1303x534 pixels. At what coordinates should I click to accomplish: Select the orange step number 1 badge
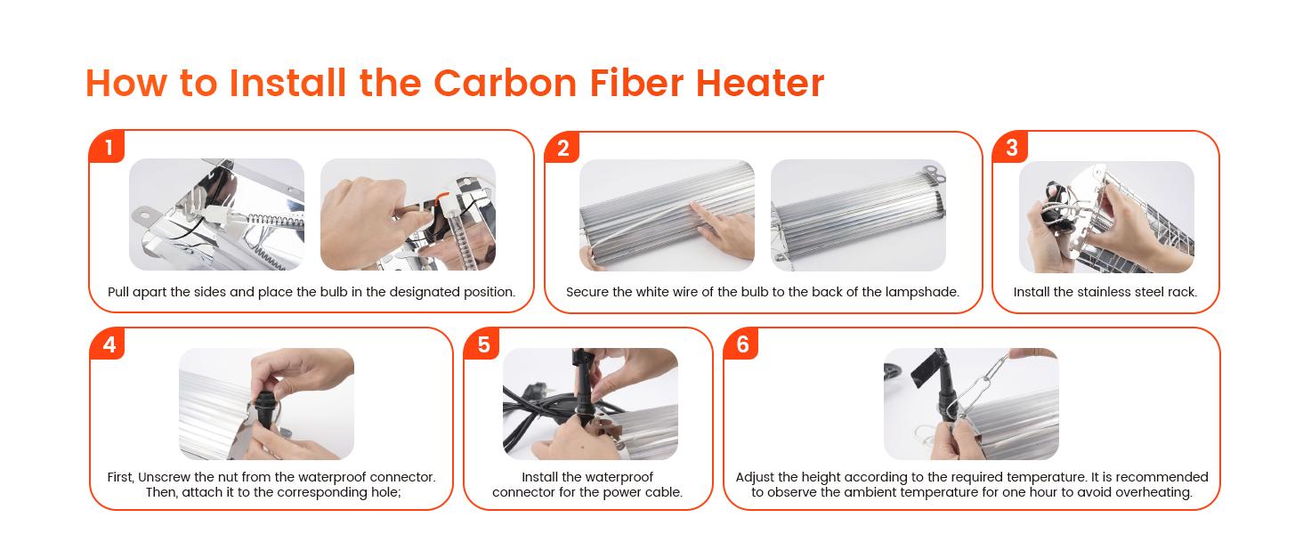pos(109,148)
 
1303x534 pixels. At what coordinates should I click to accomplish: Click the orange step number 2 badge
pos(562,149)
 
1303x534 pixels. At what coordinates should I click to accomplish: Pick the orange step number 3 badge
pos(1011,148)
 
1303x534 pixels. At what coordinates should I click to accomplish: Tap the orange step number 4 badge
pos(109,344)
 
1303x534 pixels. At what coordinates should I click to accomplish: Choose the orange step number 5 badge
pos(483,344)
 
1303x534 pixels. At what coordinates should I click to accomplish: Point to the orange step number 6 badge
pos(742,344)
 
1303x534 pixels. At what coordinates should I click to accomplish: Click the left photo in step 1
pos(216,214)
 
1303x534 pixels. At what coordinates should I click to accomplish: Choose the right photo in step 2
pos(858,215)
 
